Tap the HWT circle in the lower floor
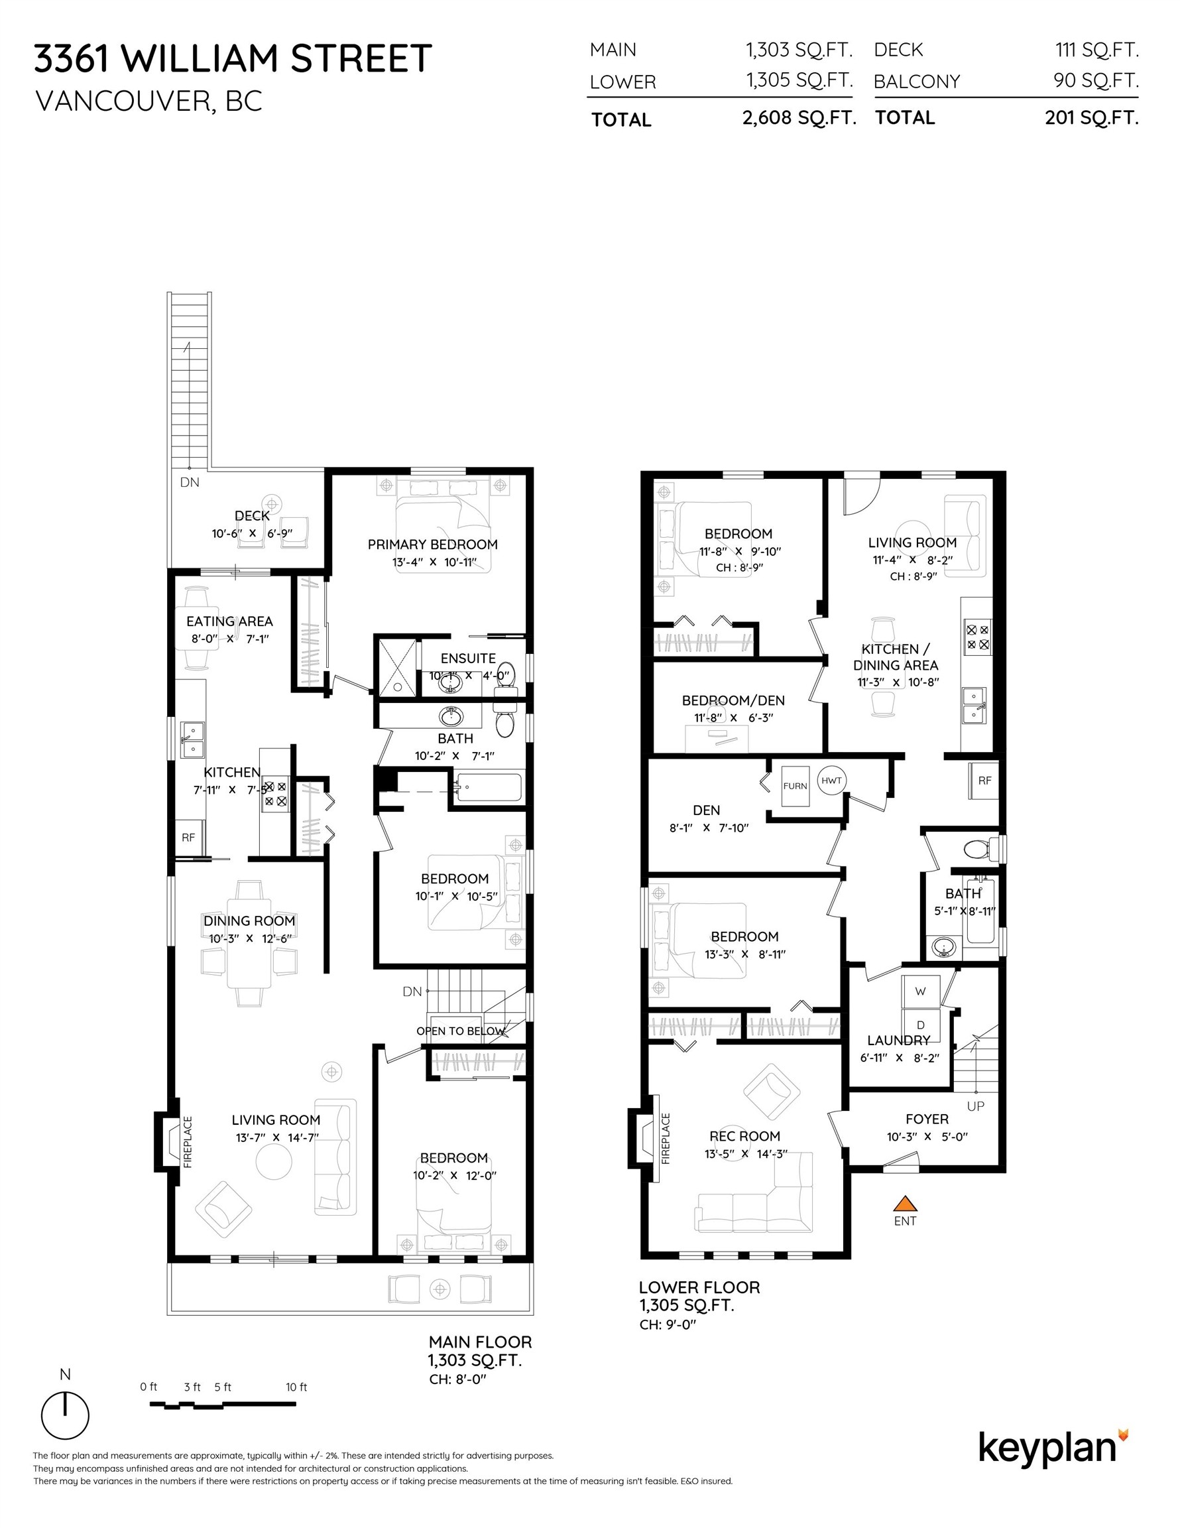click(x=831, y=780)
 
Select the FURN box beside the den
click(x=795, y=786)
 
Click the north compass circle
click(x=65, y=1415)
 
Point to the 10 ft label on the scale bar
click(x=296, y=1387)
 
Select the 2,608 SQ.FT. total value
click(x=799, y=117)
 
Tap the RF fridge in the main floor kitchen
click(x=188, y=838)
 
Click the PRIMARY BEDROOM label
click(x=432, y=544)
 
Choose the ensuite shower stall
click(x=397, y=666)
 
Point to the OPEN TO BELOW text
click(x=459, y=1031)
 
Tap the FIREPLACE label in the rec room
click(x=665, y=1139)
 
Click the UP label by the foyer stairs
click(x=975, y=1106)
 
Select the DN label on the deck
click(x=190, y=482)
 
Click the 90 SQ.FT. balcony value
click(x=1095, y=80)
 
